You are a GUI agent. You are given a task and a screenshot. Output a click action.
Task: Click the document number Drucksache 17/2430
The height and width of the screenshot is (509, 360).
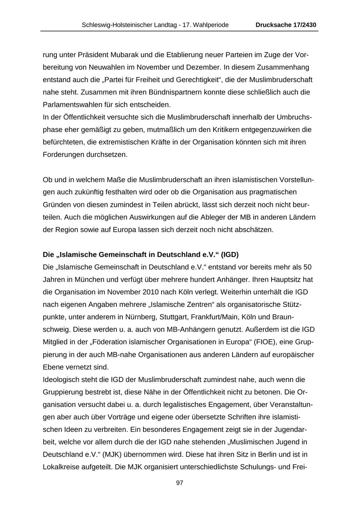click(x=286, y=25)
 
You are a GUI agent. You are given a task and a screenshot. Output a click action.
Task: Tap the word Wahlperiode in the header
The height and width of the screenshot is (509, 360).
click(x=211, y=25)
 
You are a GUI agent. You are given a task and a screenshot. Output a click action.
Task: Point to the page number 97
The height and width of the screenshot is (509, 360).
click(x=180, y=483)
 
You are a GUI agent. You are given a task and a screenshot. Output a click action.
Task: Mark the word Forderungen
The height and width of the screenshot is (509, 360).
click(x=64, y=154)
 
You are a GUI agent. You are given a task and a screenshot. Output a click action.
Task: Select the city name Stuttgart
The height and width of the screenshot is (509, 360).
click(x=174, y=317)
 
